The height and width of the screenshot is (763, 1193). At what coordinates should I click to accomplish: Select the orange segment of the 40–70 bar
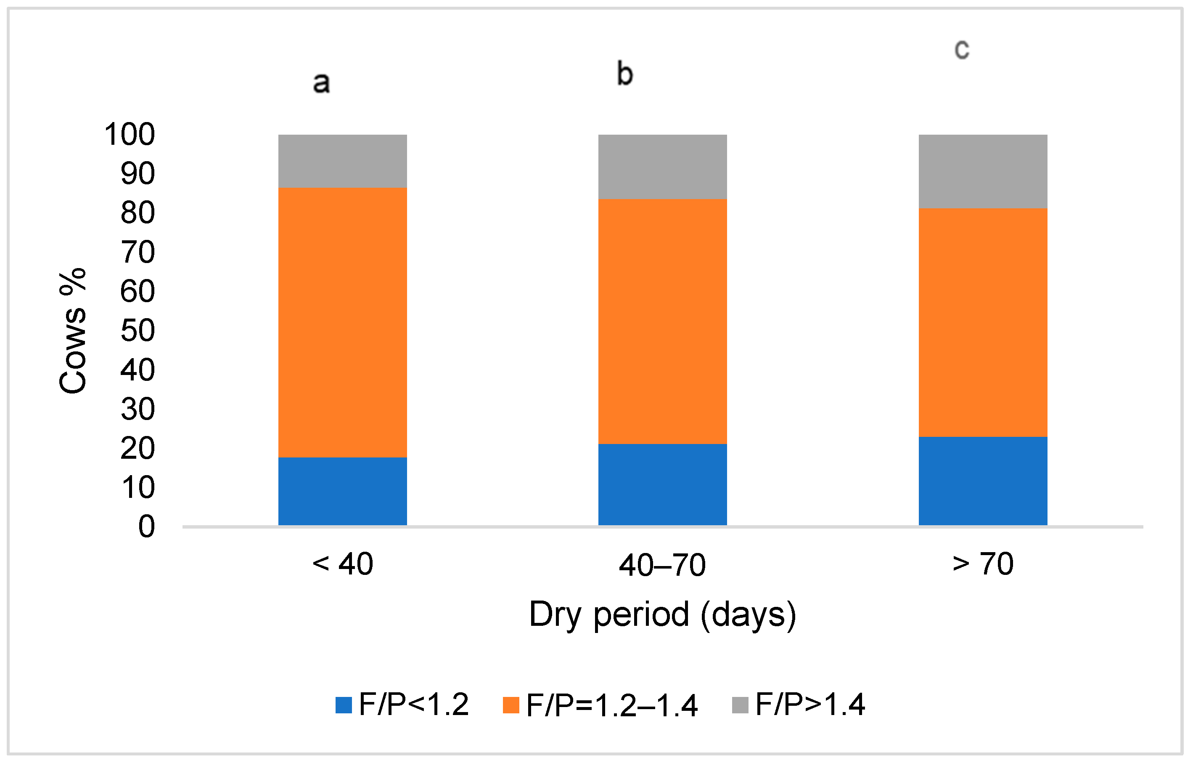pyautogui.click(x=662, y=321)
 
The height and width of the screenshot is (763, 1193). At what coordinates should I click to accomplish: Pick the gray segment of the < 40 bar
pyautogui.click(x=342, y=161)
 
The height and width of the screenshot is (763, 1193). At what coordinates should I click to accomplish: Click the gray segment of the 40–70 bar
pyautogui.click(x=662, y=167)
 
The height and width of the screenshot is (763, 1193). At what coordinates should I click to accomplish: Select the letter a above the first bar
pyautogui.click(x=321, y=83)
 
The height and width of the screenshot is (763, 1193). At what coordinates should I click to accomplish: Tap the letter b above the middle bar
pyautogui.click(x=625, y=74)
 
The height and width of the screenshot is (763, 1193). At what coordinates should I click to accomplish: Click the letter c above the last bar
pyautogui.click(x=962, y=49)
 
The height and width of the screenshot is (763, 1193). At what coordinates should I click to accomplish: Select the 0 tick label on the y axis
pyautogui.click(x=146, y=526)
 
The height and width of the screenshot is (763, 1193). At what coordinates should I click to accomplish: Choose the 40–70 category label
pyautogui.click(x=662, y=565)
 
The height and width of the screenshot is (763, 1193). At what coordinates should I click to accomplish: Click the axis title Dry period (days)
pyautogui.click(x=662, y=614)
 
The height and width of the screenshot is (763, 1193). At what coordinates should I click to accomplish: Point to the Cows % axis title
pyautogui.click(x=73, y=331)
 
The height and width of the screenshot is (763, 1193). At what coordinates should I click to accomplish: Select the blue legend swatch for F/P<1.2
pyautogui.click(x=343, y=705)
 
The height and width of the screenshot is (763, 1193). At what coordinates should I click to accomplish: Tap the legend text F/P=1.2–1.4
pyautogui.click(x=612, y=705)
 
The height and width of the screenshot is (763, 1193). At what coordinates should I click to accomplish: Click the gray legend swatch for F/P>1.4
pyautogui.click(x=740, y=705)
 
